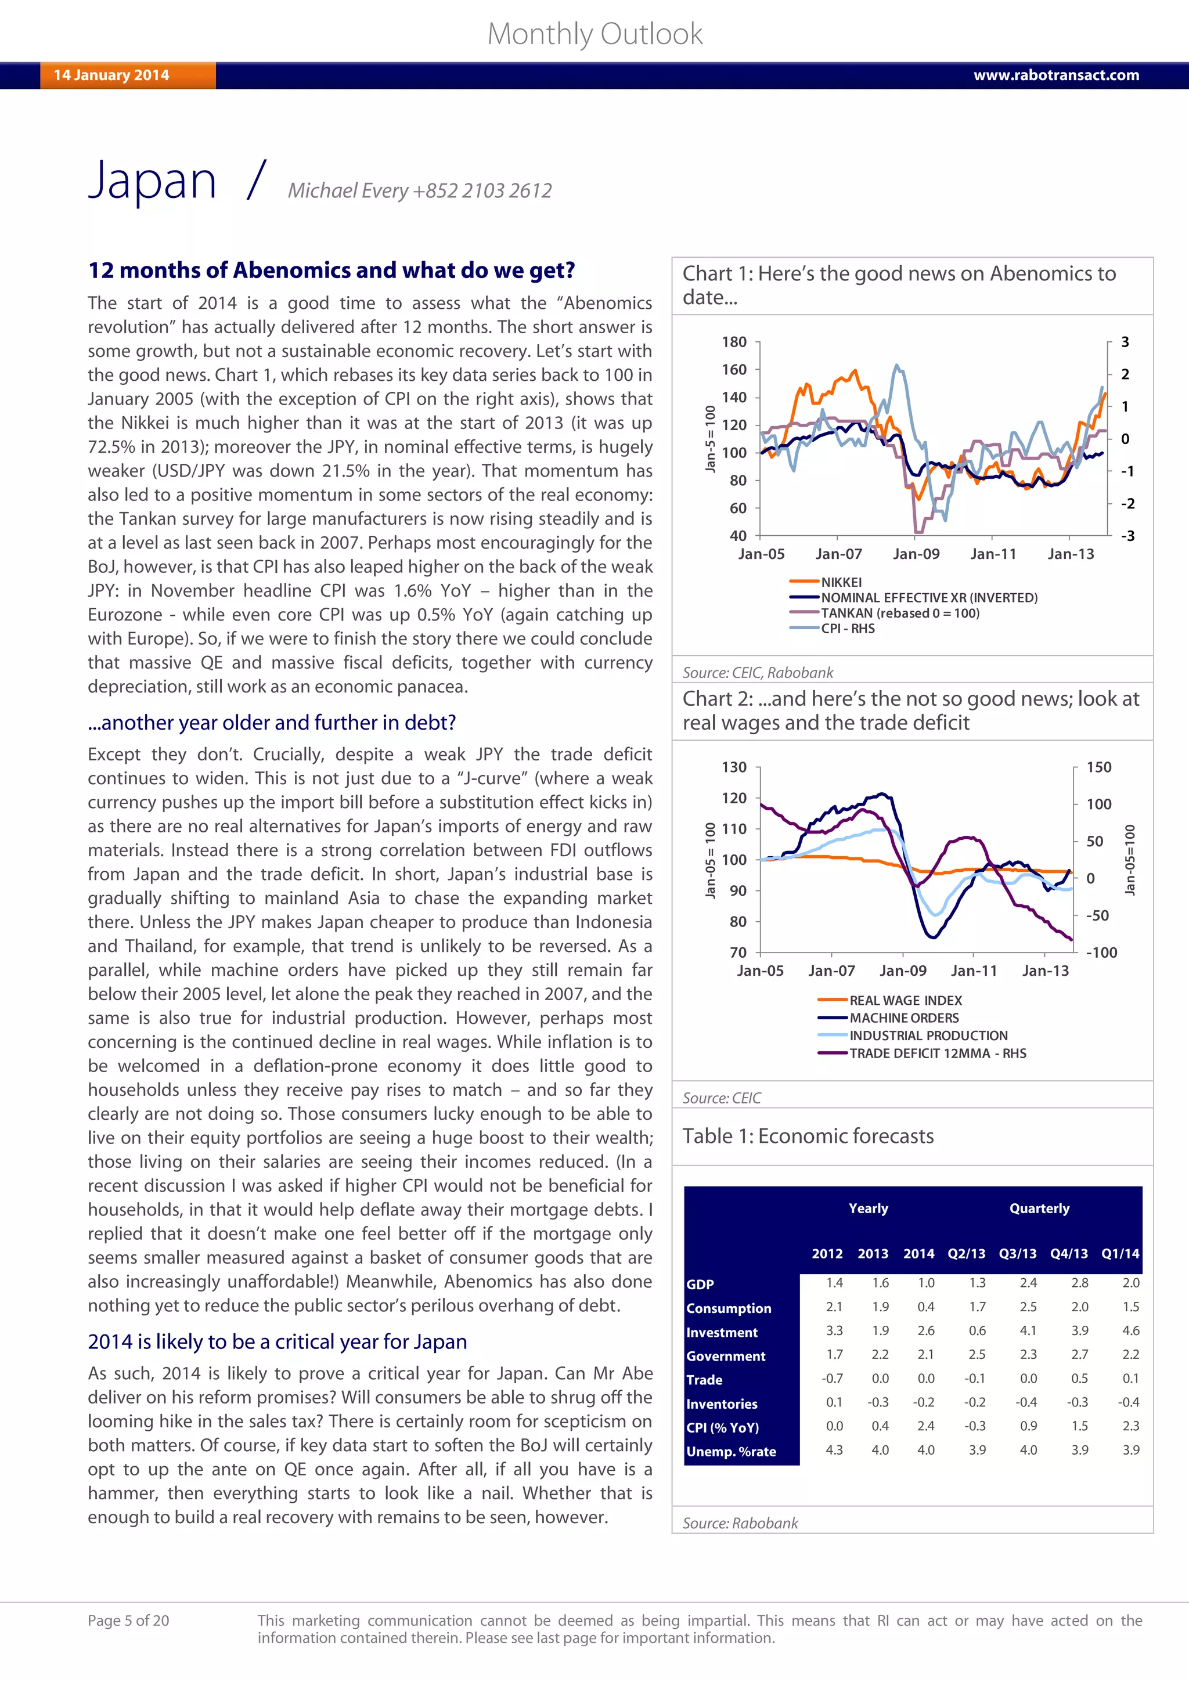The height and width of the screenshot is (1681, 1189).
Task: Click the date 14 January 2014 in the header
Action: (111, 75)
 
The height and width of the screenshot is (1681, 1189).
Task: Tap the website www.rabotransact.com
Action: (1055, 75)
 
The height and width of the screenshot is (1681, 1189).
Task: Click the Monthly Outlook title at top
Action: (594, 34)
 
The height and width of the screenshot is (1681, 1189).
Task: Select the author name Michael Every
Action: (348, 190)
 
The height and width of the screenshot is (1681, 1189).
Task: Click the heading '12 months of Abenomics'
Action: (331, 270)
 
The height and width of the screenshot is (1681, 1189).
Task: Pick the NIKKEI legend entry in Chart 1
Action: (841, 582)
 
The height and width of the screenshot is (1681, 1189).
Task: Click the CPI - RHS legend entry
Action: (847, 628)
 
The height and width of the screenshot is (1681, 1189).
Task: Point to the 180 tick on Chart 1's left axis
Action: (734, 342)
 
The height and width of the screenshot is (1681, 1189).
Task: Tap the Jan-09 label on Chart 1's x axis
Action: (916, 554)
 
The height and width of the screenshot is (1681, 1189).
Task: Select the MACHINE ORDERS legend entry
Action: (903, 1018)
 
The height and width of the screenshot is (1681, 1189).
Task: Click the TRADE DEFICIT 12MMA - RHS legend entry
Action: (937, 1053)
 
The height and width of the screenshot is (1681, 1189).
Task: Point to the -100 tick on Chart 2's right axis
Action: (1101, 953)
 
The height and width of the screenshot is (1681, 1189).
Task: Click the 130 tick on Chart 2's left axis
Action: (734, 767)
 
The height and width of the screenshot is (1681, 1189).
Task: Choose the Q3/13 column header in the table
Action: (1017, 1253)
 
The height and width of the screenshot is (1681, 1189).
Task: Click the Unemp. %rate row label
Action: (731, 1451)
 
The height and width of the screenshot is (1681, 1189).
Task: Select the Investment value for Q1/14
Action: (1130, 1330)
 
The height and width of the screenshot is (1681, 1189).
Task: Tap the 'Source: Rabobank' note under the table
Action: (740, 1523)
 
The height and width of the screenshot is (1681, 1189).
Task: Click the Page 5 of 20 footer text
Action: (128, 1620)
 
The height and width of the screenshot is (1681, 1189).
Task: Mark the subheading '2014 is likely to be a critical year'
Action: (277, 1341)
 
